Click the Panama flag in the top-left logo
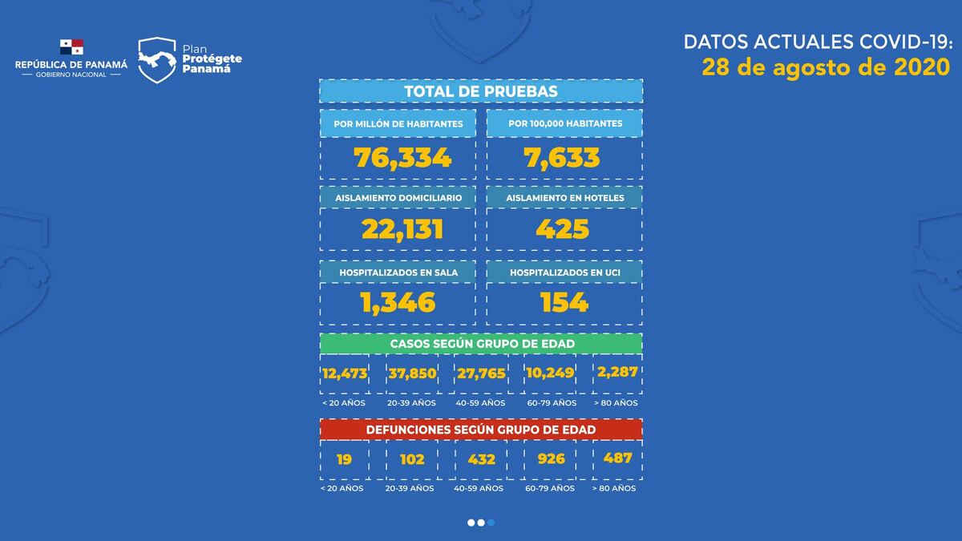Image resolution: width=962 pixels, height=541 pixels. (x=71, y=47)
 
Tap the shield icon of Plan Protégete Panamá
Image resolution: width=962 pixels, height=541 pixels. (x=157, y=60)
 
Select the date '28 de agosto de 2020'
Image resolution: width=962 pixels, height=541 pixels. (x=826, y=67)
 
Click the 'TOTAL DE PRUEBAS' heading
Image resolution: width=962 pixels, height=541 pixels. (x=481, y=91)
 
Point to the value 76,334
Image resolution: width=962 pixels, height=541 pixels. (x=402, y=158)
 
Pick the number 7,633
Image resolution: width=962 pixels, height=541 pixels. (x=564, y=158)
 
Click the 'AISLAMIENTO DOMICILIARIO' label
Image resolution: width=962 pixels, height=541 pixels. (x=398, y=197)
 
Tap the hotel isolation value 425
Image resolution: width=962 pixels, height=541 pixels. (x=563, y=230)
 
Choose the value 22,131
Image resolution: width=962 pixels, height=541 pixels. (x=402, y=230)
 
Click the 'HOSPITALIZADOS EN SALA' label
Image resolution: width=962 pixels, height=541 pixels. (x=398, y=273)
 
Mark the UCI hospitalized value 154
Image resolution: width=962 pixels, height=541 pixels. (x=564, y=303)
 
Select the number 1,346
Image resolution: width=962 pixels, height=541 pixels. (x=398, y=303)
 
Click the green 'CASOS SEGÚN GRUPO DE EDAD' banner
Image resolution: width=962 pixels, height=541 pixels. (x=481, y=343)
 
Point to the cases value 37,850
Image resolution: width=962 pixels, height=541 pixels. (x=412, y=373)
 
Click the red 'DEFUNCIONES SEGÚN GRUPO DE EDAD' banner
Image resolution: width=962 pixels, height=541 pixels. (x=481, y=430)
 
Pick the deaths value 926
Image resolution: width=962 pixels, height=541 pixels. (x=550, y=459)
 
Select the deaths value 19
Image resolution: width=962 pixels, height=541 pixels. (x=343, y=459)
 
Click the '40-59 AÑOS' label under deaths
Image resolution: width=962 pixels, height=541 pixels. (x=479, y=488)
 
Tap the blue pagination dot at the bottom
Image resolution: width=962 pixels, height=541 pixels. (x=491, y=523)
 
